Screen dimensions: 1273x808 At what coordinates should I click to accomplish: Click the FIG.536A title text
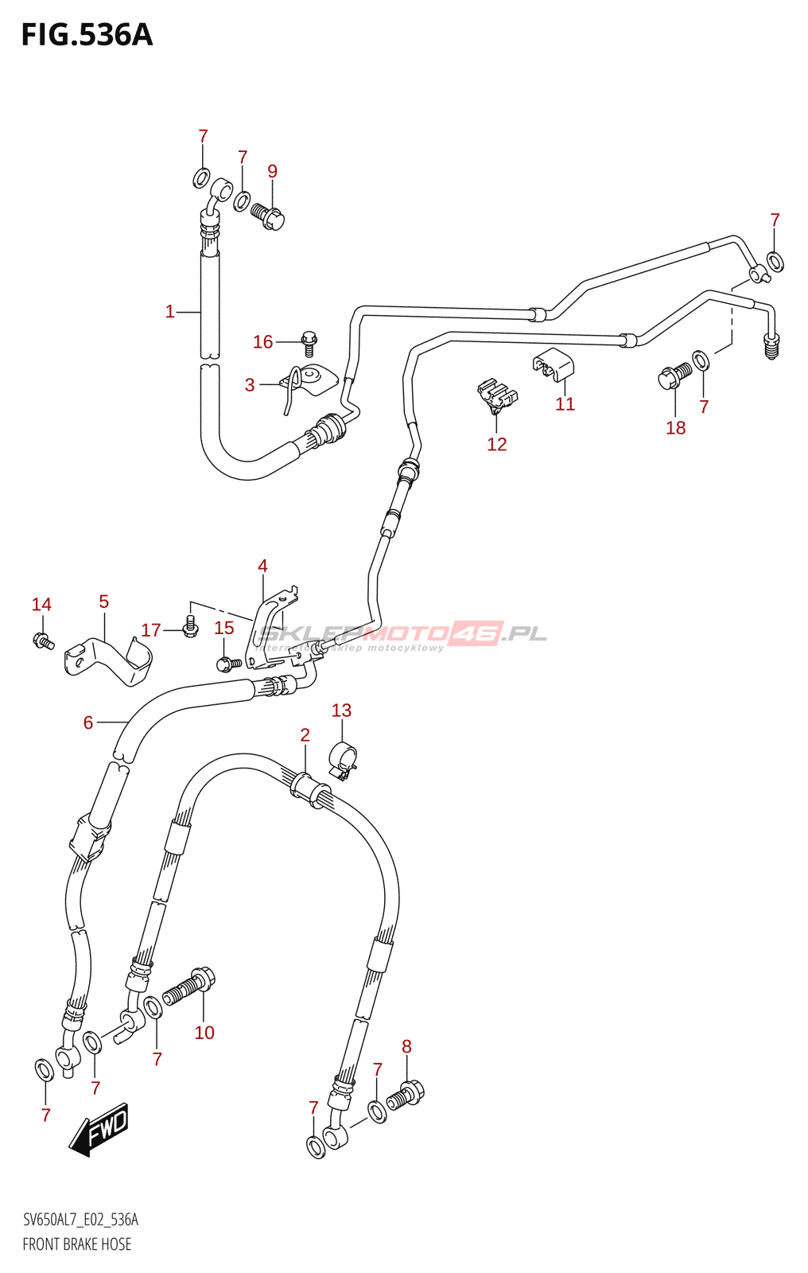tap(87, 35)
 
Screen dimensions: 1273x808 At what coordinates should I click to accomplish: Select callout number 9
tap(272, 171)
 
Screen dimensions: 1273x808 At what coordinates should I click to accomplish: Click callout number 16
tap(262, 342)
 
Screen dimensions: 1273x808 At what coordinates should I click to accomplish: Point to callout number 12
tap(496, 444)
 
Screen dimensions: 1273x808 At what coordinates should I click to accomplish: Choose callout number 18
tap(675, 428)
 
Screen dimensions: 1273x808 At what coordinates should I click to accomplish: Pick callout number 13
tap(341, 710)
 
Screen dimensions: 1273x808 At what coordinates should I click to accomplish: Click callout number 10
tap(204, 1033)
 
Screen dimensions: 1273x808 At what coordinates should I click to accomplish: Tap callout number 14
tap(41, 605)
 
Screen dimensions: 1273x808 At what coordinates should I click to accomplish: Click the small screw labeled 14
tap(43, 640)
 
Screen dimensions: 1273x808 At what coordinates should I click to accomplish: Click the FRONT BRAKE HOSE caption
tap(77, 1244)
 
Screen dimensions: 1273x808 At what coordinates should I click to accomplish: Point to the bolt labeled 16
tap(309, 344)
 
